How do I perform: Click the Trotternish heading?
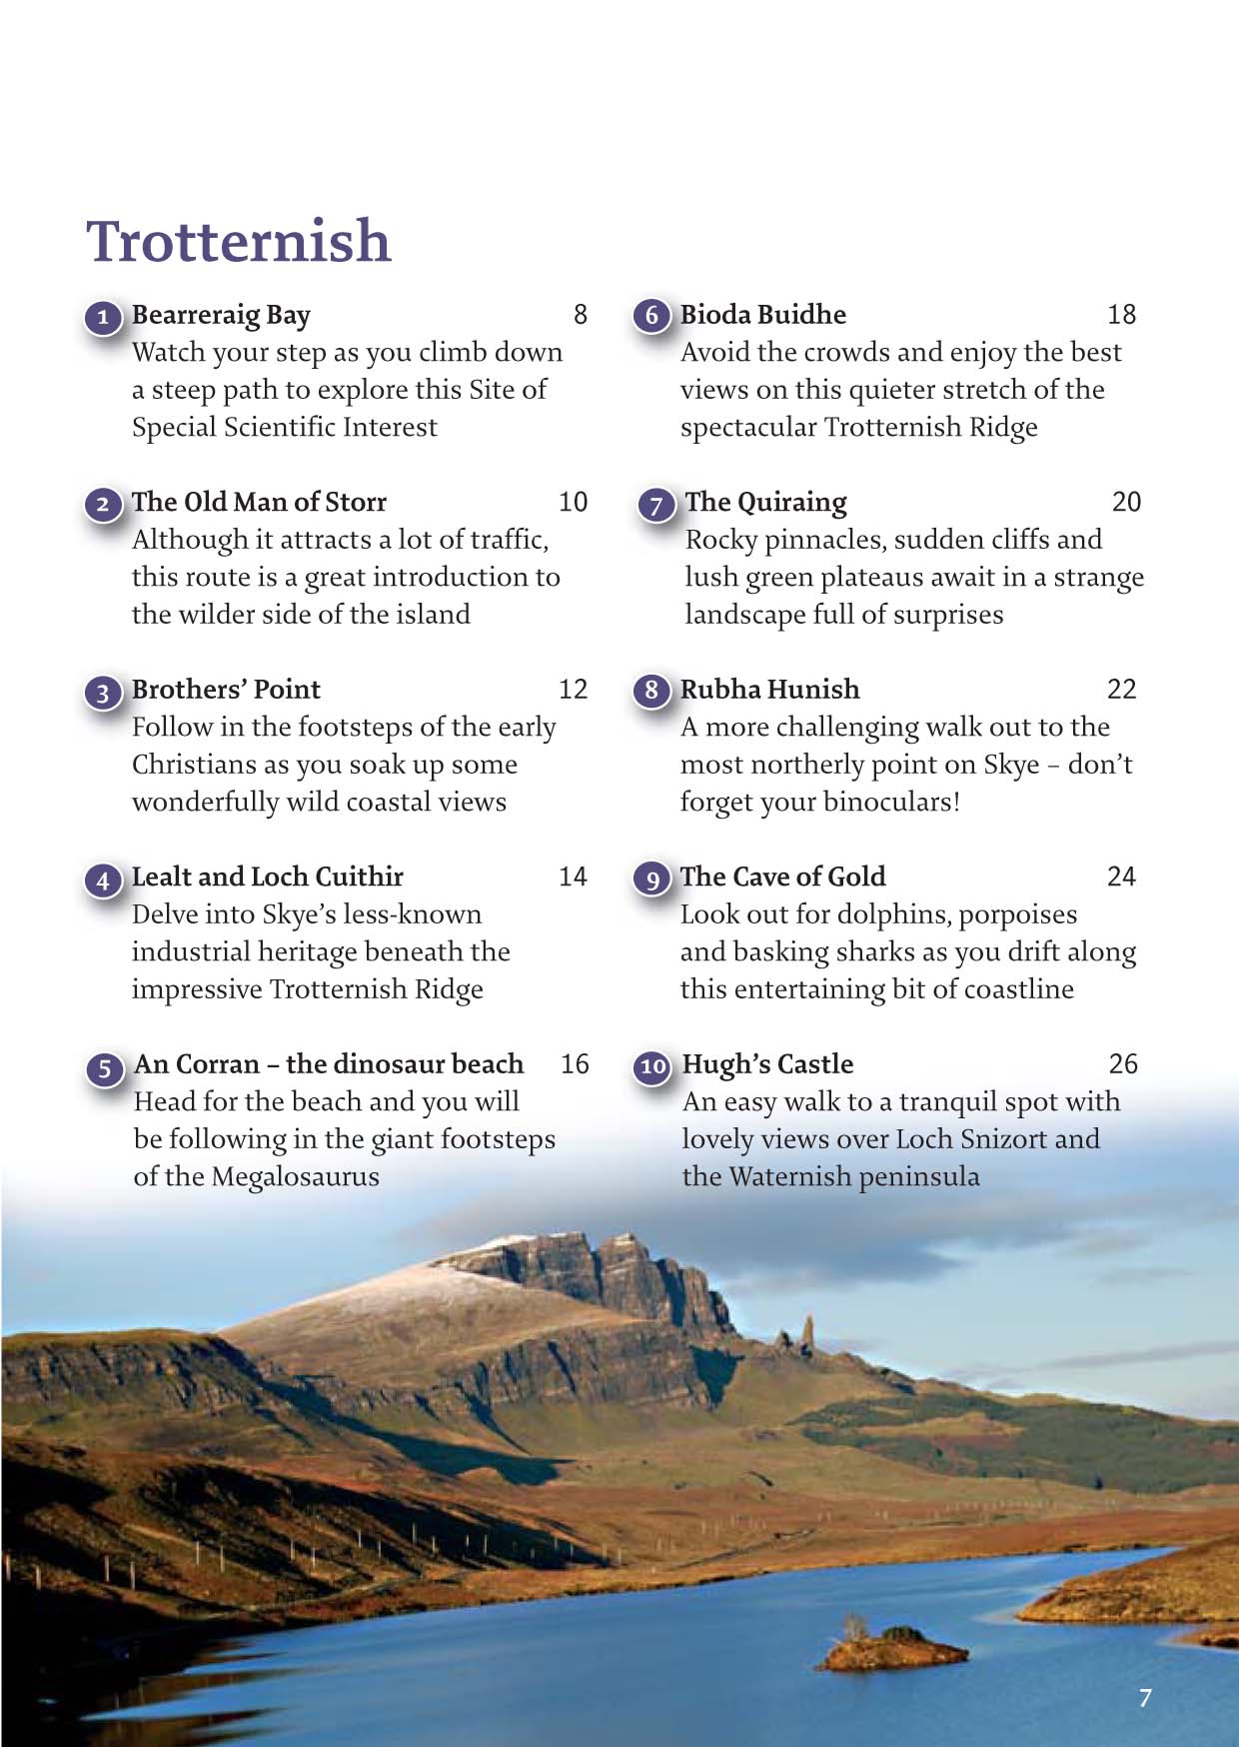click(x=238, y=242)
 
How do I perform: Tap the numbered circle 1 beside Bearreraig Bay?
click(x=103, y=319)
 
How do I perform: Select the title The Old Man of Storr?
click(x=259, y=502)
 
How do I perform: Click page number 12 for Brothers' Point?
click(x=573, y=690)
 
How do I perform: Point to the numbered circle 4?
click(x=103, y=880)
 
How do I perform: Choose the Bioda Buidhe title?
click(x=762, y=315)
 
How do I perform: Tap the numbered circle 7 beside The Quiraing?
click(x=655, y=505)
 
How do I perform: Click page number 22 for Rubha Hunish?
click(x=1121, y=690)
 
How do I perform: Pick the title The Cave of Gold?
click(x=782, y=876)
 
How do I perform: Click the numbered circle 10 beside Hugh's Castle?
click(x=653, y=1067)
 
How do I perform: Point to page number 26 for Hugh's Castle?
click(x=1123, y=1064)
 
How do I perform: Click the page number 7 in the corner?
click(x=1145, y=1697)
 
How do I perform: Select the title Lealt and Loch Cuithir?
click(x=267, y=876)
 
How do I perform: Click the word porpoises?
click(x=1015, y=915)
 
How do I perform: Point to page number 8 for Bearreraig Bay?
click(x=580, y=315)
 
